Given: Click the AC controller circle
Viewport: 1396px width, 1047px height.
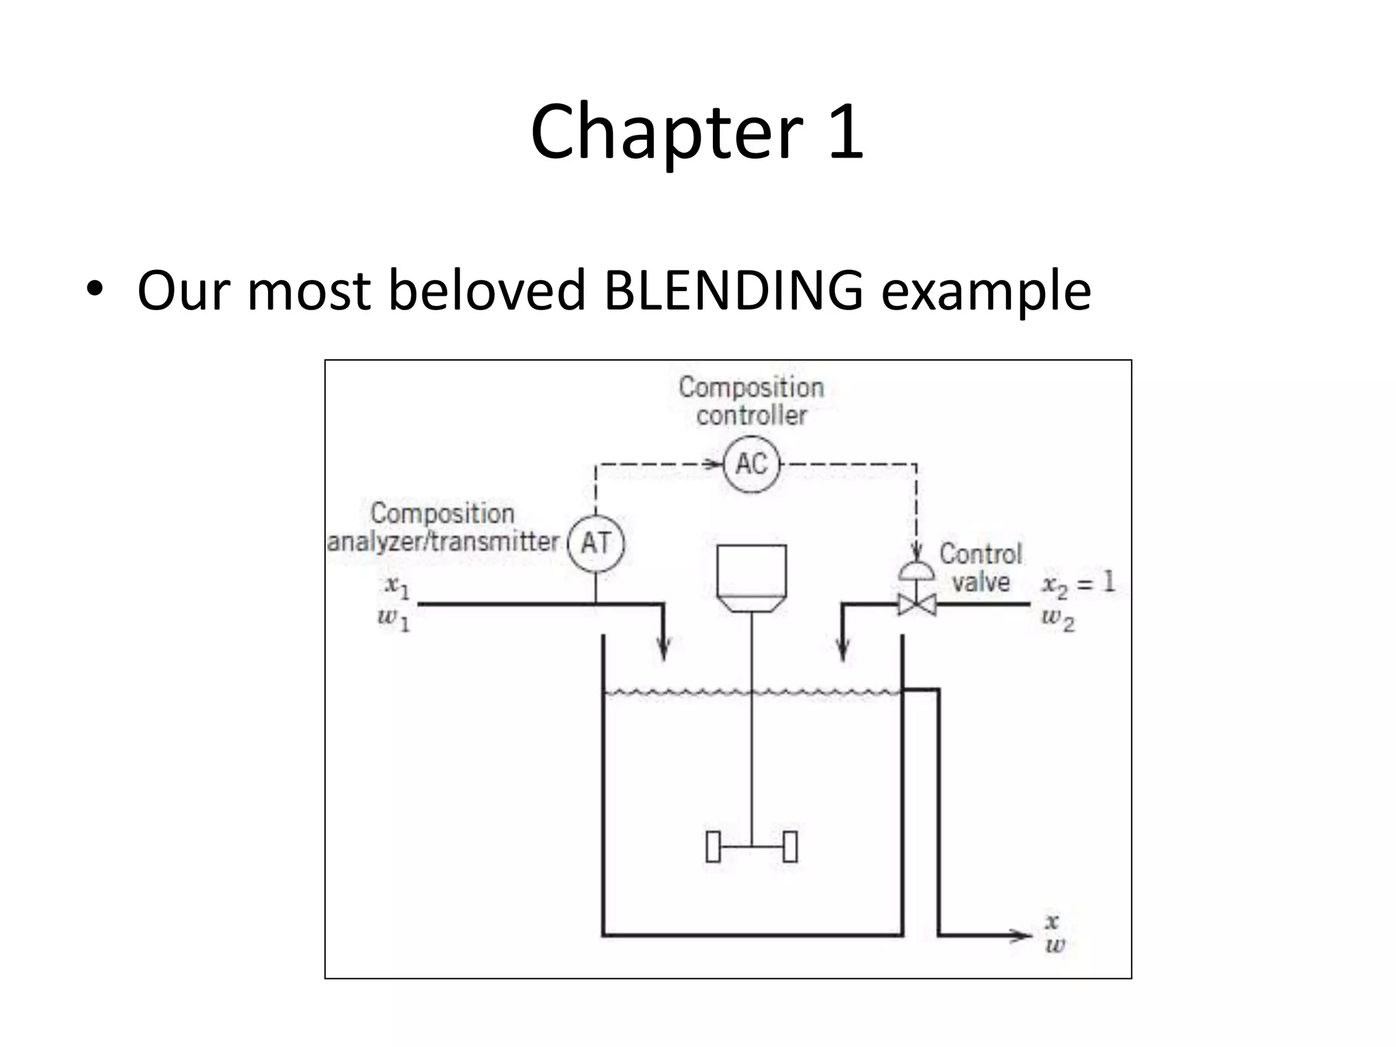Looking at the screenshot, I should (x=751, y=464).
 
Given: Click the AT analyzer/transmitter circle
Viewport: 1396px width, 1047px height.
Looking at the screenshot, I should (x=596, y=543).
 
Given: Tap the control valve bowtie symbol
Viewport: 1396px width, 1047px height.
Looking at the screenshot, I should (x=917, y=604).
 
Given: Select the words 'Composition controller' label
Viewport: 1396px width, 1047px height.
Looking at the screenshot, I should (x=751, y=401).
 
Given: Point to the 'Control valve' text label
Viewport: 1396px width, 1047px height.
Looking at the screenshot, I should (x=980, y=567).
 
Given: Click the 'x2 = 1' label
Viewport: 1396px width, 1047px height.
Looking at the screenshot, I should (x=1078, y=583).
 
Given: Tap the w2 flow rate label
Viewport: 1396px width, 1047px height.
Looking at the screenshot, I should (x=1058, y=620).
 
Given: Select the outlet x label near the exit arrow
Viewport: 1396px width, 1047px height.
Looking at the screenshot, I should (x=1052, y=922).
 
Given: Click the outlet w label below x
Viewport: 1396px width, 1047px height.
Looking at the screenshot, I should (x=1054, y=945).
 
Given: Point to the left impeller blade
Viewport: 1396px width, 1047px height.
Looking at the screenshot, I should (x=713, y=847).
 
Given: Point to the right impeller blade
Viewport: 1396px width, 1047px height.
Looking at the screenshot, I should (x=790, y=847).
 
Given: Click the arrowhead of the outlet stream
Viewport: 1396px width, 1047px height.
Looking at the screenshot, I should (x=1022, y=935).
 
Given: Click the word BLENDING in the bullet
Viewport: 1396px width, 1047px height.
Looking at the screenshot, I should (x=733, y=290).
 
